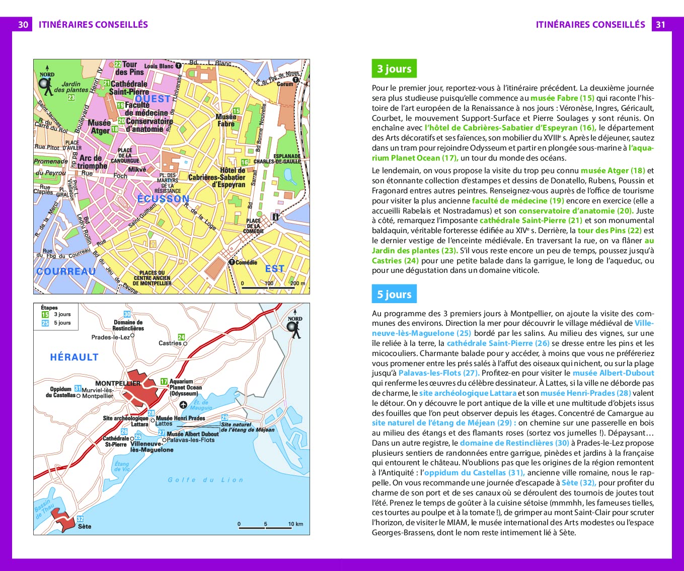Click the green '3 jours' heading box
click(394, 69)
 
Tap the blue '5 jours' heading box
click(394, 295)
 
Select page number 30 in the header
click(23, 24)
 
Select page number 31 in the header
click(661, 24)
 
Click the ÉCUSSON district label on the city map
click(163, 199)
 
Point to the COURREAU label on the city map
click(66, 271)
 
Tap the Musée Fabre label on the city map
click(226, 120)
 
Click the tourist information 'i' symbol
click(275, 217)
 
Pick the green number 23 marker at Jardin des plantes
click(71, 97)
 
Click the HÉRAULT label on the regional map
click(74, 358)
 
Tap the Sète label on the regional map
click(85, 526)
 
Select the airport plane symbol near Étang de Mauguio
click(183, 405)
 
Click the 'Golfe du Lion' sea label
click(205, 480)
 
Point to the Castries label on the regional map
click(170, 343)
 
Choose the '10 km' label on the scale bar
click(295, 524)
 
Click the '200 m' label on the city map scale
click(297, 283)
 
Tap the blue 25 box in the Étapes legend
click(45, 323)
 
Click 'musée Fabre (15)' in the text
click(562, 98)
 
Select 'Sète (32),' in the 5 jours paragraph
click(579, 482)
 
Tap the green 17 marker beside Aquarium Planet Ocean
click(164, 382)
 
